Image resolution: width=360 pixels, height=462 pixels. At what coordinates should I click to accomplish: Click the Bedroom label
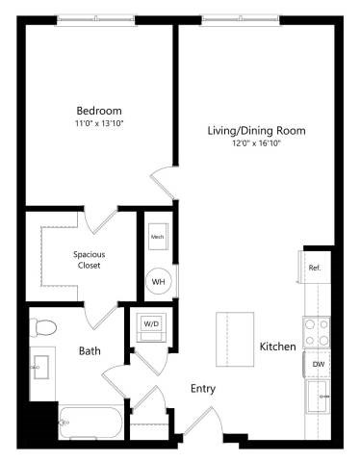click(x=98, y=109)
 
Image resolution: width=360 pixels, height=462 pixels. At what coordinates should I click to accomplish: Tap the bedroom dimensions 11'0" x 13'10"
click(x=98, y=122)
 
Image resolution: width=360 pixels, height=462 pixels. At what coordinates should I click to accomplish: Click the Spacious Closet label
click(x=90, y=260)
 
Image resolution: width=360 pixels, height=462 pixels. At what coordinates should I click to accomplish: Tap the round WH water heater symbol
click(x=158, y=282)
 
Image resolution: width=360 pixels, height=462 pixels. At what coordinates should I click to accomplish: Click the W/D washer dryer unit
click(x=153, y=325)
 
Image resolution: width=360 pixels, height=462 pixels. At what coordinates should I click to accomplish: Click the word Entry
click(x=202, y=389)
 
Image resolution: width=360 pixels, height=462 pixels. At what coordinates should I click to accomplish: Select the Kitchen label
click(x=277, y=346)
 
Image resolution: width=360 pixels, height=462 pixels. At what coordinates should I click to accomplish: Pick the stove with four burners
click(x=317, y=332)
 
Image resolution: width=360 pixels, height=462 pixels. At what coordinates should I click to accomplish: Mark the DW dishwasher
click(x=317, y=365)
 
